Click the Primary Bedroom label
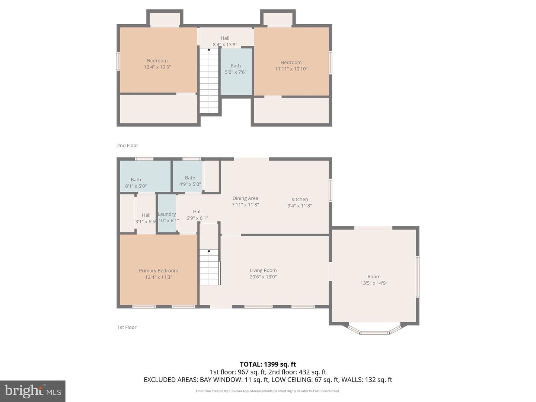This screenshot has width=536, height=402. tap(159, 271)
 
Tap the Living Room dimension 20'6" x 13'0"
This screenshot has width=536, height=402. tap(263, 277)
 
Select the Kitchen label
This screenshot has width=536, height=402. tap(300, 200)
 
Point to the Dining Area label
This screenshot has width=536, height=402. tap(245, 198)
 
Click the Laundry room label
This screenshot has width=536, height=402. tap(166, 214)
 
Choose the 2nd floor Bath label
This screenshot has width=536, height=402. tap(236, 66)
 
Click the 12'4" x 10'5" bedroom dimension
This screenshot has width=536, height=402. tap(157, 67)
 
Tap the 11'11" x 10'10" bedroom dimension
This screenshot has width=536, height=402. tap(291, 69)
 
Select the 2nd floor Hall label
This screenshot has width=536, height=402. tap(225, 38)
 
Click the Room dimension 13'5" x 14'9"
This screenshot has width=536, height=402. tap(374, 283)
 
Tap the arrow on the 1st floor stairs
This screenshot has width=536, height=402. tap(209, 251)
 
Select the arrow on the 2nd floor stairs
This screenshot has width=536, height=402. tap(209, 50)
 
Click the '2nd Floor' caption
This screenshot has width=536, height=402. tap(128, 146)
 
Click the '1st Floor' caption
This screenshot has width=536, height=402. tap(127, 327)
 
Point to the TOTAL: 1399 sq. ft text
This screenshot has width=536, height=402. tap(268, 364)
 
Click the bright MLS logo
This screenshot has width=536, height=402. tap(33, 391)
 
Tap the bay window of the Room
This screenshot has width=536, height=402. tap(375, 331)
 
